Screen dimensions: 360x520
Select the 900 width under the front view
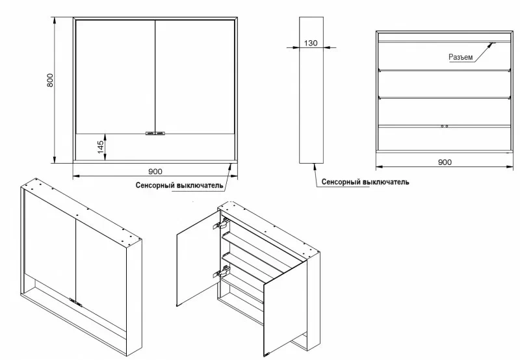coord(155,172)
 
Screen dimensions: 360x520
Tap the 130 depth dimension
coord(311,43)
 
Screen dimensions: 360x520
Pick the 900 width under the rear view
coord(445,162)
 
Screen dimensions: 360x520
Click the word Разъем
coord(460,58)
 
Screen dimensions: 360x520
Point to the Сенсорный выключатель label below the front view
coord(180,185)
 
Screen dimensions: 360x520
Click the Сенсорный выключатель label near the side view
coord(365,183)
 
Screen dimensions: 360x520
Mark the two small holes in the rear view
coord(445,125)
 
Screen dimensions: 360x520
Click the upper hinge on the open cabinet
coord(220,225)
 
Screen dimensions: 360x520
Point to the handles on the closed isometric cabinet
coord(75,301)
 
